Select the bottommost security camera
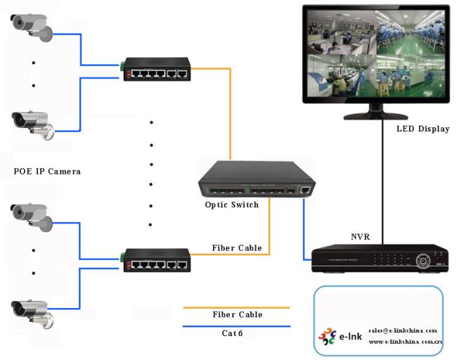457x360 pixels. tap(30, 311)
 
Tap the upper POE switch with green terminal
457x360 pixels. tap(156, 69)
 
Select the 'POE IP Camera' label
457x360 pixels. tap(47, 171)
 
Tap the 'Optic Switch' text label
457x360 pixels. tap(232, 205)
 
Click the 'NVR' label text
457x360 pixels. tap(360, 237)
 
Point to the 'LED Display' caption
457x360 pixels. tap(423, 129)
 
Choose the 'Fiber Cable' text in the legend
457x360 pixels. tap(237, 314)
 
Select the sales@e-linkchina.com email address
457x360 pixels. tap(403, 330)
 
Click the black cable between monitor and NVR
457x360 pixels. tap(382, 183)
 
